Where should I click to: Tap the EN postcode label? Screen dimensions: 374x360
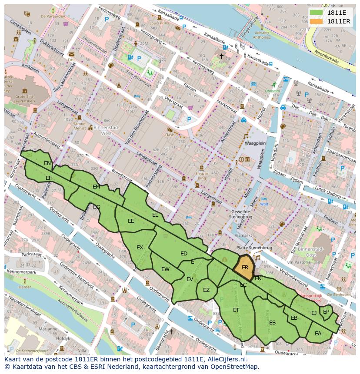coord(47,163)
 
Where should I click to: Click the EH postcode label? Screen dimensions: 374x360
coord(49,178)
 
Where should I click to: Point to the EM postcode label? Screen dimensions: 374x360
coord(96,187)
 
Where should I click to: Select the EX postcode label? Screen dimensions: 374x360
coord(140,248)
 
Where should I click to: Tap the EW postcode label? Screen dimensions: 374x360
coord(165,269)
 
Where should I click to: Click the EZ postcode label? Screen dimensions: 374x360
coord(207,290)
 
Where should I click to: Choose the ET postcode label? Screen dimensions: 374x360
coord(236,310)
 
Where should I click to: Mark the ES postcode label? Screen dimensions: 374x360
coord(272,323)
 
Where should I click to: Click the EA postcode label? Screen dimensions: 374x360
coord(318,334)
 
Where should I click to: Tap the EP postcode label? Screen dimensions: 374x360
coord(326,311)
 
